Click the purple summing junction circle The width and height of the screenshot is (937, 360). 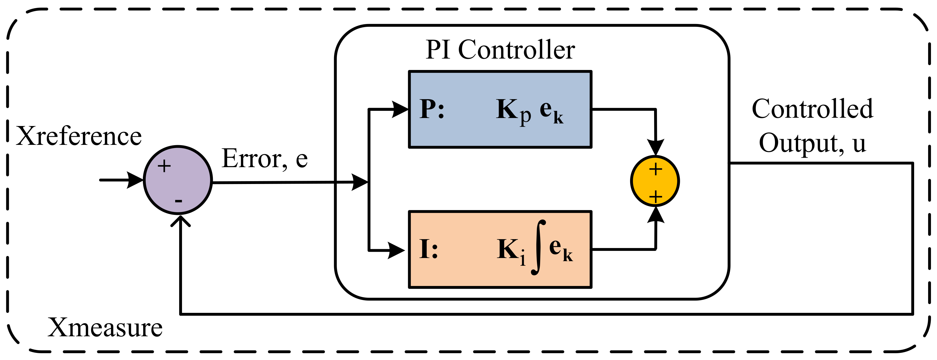(178, 180)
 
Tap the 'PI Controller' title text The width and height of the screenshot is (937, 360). (500, 49)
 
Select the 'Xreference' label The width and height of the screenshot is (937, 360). (79, 136)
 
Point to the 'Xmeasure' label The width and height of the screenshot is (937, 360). (105, 328)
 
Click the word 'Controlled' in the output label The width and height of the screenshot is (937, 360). (812, 109)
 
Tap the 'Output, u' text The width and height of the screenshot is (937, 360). (812, 143)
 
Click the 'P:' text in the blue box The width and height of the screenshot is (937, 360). (432, 109)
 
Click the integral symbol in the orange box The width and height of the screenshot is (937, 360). (538, 247)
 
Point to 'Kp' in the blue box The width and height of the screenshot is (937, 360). (513, 111)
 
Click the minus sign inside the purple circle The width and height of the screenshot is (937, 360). (179, 200)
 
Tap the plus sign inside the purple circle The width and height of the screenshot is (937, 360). (164, 166)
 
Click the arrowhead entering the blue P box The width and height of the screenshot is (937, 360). (400, 109)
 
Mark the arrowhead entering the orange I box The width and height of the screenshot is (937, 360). (396, 250)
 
